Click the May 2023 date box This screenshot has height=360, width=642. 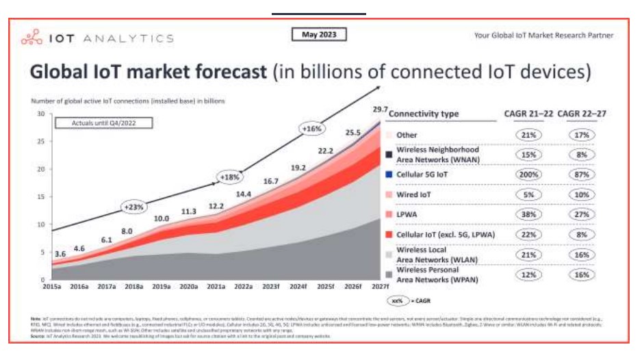click(318, 34)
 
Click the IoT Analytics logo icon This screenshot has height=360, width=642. click(32, 38)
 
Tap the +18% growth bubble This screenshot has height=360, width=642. click(229, 177)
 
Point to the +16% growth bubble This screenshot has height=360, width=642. click(311, 129)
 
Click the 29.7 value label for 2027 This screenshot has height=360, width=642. click(381, 110)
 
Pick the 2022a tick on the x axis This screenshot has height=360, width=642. click(244, 286)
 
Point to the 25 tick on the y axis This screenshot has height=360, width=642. click(40, 142)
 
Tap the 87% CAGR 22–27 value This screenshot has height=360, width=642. click(582, 175)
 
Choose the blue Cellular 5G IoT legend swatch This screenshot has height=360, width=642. click(389, 175)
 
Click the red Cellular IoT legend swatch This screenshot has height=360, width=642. click(389, 235)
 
